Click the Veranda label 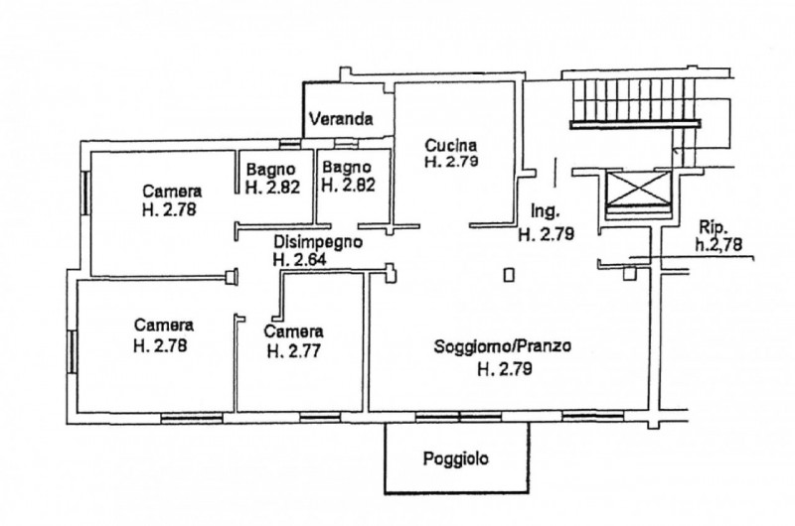point(341,120)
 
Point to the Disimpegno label point(317,241)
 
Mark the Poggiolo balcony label point(456,459)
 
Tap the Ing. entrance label point(547,211)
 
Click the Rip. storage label point(712,224)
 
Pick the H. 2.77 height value point(294,349)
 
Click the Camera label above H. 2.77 point(294,330)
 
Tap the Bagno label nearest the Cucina point(347,167)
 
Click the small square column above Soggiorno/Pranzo point(509,276)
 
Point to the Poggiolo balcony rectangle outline point(456,491)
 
